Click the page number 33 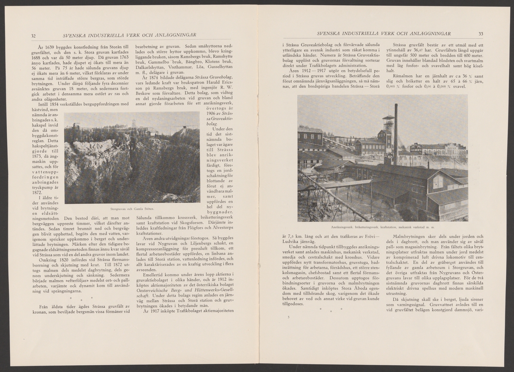(x=481, y=34)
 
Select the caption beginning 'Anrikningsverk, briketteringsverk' (x=383, y=227)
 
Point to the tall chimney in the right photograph (x=395, y=133)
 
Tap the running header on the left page (x=129, y=35)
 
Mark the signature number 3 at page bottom (x=289, y=318)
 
